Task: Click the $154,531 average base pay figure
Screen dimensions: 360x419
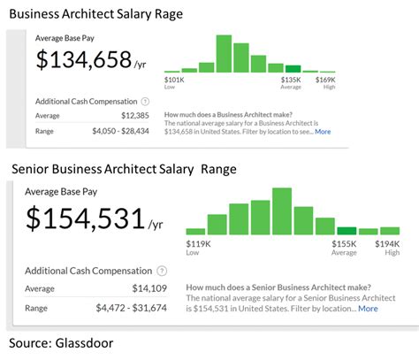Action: click(87, 218)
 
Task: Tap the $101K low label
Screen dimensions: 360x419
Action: click(176, 80)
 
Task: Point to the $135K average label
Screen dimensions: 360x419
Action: click(292, 80)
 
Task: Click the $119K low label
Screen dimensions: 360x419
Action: click(198, 242)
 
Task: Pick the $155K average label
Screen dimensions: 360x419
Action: click(344, 242)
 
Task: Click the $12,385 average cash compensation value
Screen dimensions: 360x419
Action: click(133, 115)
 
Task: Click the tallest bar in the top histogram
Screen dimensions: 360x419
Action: click(224, 53)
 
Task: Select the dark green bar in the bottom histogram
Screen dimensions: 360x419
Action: click(347, 230)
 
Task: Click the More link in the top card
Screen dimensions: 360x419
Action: click(323, 131)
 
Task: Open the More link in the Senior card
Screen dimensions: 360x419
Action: click(368, 308)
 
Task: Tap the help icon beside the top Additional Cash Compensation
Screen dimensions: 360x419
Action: click(145, 101)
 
